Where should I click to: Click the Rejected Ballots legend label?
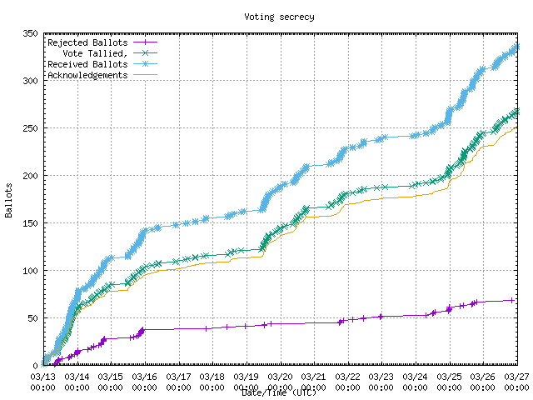point(87,42)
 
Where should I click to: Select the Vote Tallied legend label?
point(97,53)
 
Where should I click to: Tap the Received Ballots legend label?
point(87,64)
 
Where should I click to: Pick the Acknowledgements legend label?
point(87,75)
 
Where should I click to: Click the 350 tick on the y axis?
point(30,33)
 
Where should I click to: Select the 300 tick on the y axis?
point(30,81)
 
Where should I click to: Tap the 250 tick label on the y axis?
point(30,128)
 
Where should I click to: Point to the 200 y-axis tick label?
point(30,176)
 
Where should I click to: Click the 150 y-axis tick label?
point(30,223)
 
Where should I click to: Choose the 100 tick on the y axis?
point(30,271)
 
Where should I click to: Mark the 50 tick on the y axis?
point(32,318)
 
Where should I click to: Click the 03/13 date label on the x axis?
point(42,377)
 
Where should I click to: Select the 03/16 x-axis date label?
point(144,377)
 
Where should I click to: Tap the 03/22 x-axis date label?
point(347,377)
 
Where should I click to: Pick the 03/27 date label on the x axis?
point(517,377)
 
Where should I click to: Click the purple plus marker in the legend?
point(145,42)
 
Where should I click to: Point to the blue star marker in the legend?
point(145,64)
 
